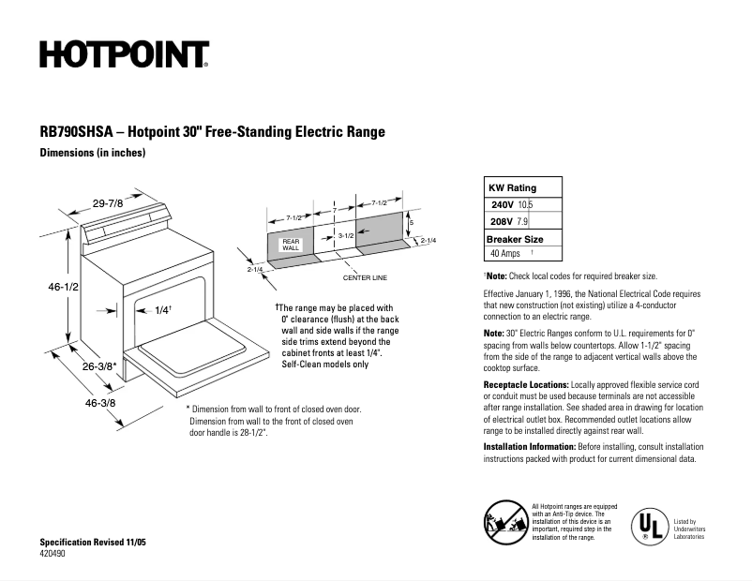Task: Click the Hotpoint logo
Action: [x=124, y=55]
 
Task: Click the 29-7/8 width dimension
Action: [x=109, y=203]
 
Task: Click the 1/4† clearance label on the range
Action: [x=161, y=310]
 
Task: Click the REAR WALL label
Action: [x=291, y=245]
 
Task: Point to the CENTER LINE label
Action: [x=365, y=278]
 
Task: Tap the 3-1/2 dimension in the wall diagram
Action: [x=345, y=235]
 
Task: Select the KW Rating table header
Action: [x=513, y=187]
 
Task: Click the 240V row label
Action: [x=502, y=204]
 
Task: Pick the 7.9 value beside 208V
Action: [x=523, y=222]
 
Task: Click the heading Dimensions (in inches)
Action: [x=93, y=153]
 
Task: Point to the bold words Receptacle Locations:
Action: [x=525, y=384]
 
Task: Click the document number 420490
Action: [x=53, y=555]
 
